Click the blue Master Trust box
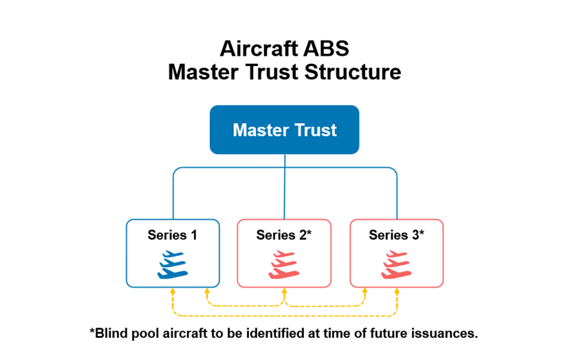(284, 129)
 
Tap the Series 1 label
(173, 235)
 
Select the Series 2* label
(283, 235)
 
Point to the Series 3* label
(396, 235)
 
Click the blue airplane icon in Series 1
(173, 264)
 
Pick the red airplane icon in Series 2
(283, 264)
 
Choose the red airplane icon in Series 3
(396, 264)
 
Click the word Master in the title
(199, 72)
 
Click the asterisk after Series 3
(421, 233)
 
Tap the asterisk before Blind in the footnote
(92, 331)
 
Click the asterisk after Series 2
(309, 233)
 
